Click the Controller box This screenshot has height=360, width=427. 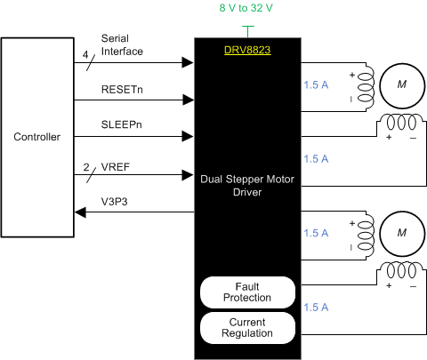pyautogui.click(x=37, y=137)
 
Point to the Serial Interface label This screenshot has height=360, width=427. pyautogui.click(x=123, y=45)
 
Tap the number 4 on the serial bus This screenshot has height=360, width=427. pyautogui.click(x=85, y=54)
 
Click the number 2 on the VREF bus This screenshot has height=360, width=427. pyautogui.click(x=85, y=166)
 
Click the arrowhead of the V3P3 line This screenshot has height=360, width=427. pyautogui.click(x=82, y=212)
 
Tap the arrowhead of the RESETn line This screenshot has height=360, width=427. pyautogui.click(x=189, y=100)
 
